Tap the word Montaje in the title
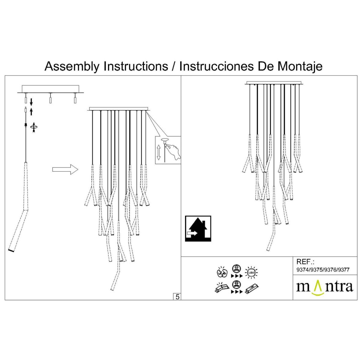tap(300, 66)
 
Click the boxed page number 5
tap(177, 297)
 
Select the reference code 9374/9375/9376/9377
tap(322, 270)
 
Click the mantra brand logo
tap(325, 287)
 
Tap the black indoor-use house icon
tap(198, 229)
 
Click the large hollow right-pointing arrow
tap(65, 169)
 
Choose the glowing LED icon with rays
tap(251, 272)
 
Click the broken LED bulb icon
tap(222, 272)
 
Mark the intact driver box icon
tap(252, 288)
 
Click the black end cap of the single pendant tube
tap(11, 250)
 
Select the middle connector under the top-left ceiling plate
tap(50, 98)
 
